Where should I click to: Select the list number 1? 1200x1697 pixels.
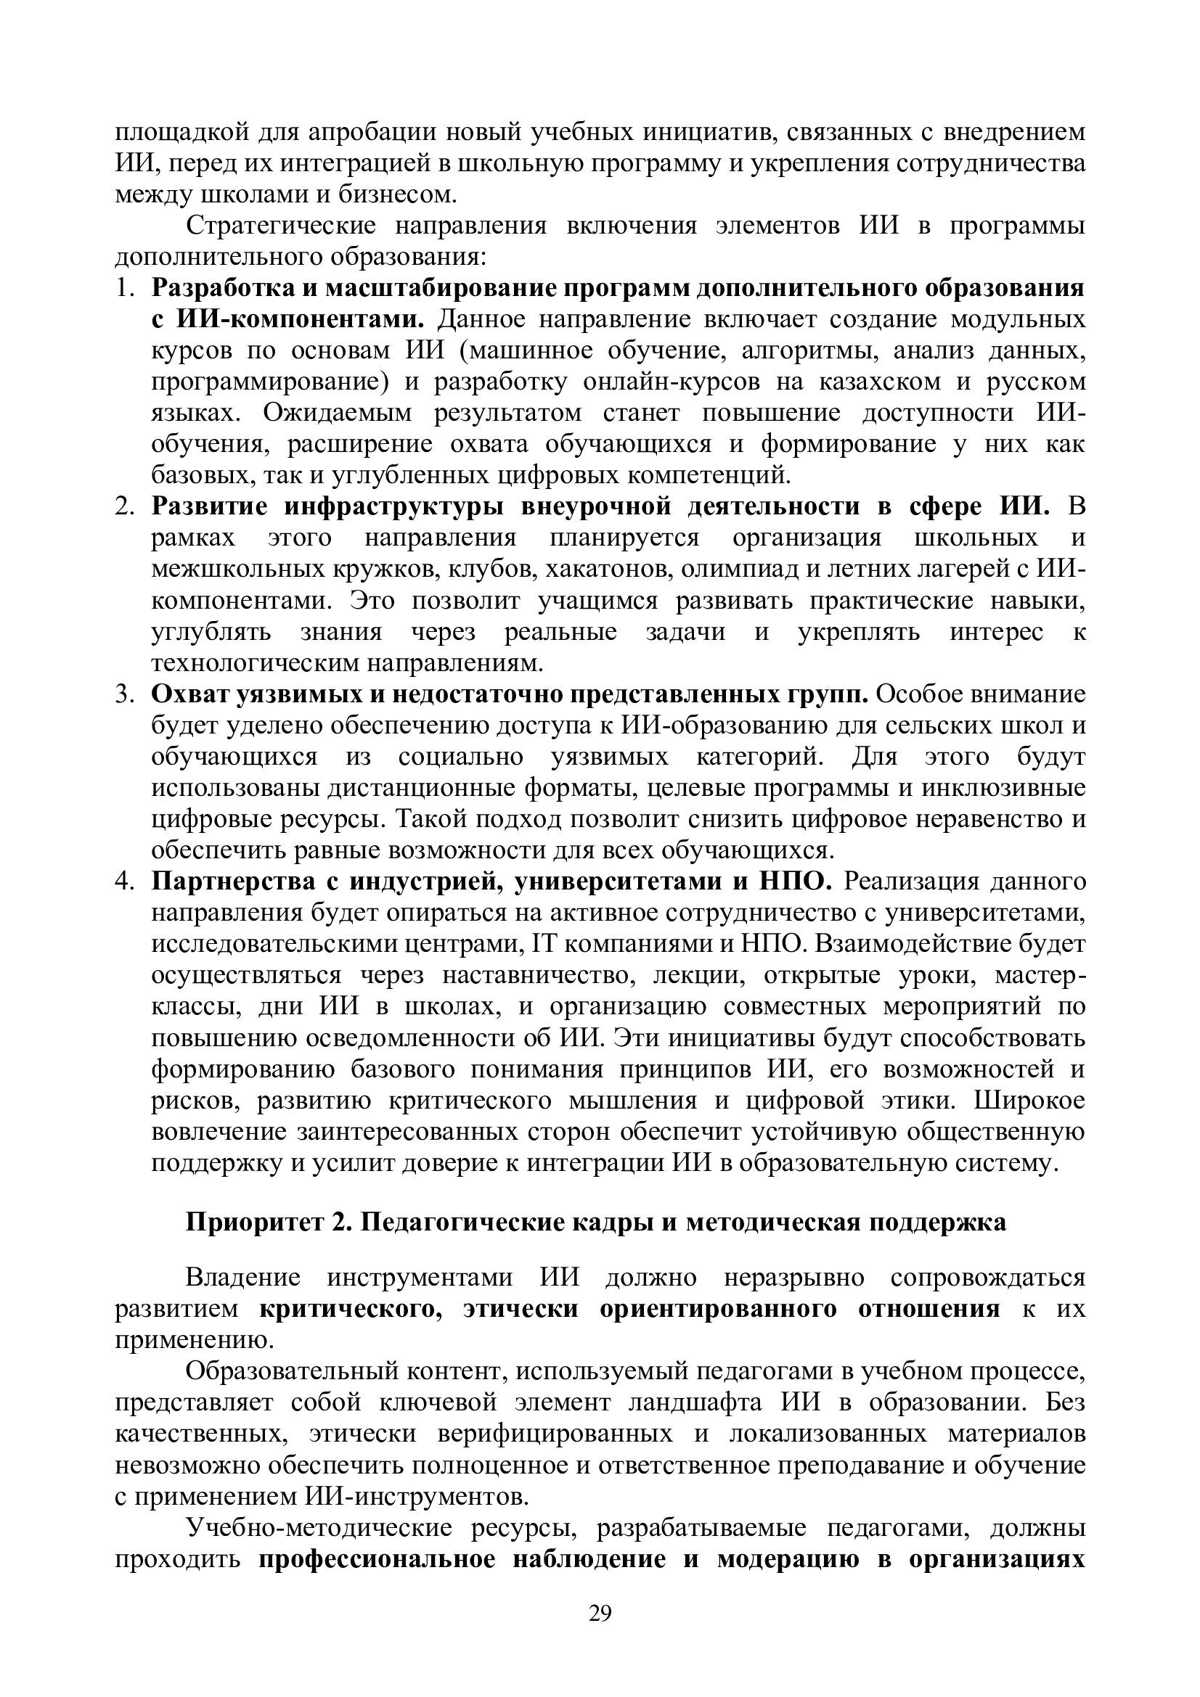tap(123, 288)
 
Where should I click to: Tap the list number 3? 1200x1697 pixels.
tap(123, 695)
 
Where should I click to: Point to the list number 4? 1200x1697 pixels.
tap(123, 882)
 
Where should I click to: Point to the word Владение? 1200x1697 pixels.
tap(242, 1277)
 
